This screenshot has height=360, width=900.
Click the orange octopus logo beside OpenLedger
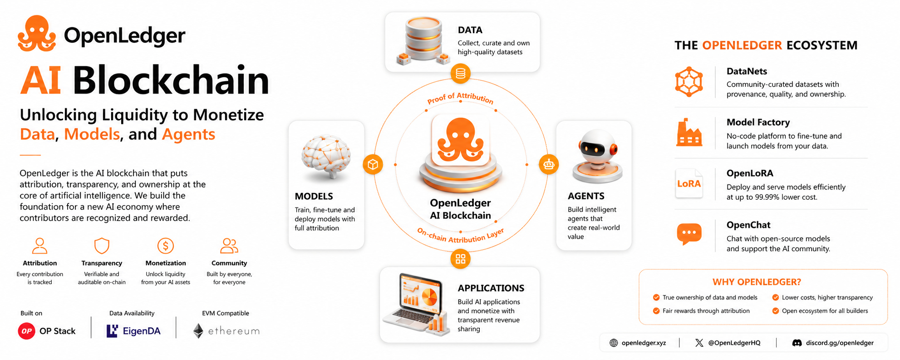(x=37, y=33)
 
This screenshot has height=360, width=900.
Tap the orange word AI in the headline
(x=41, y=80)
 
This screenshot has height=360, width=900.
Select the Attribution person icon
(x=40, y=246)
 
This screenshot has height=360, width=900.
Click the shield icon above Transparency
(x=102, y=246)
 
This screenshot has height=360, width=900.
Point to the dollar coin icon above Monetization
(x=166, y=246)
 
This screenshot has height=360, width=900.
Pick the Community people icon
(x=229, y=246)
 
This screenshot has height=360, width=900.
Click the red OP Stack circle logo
(x=27, y=331)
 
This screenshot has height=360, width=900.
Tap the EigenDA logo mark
(x=112, y=331)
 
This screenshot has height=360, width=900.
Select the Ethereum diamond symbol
(x=198, y=331)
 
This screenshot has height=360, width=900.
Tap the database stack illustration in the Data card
(x=423, y=40)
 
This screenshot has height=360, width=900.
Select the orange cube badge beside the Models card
(x=373, y=164)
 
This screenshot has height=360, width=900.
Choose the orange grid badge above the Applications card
(x=461, y=259)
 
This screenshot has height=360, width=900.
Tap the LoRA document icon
(x=689, y=183)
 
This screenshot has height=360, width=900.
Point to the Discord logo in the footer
(x=797, y=343)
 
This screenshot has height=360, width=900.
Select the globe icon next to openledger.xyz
(x=614, y=343)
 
